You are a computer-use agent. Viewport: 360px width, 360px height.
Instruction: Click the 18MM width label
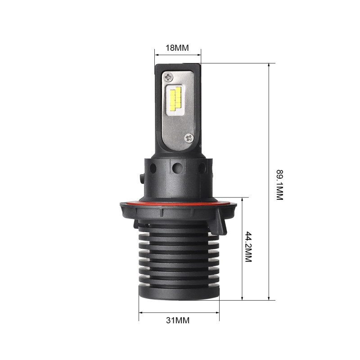click(x=177, y=48)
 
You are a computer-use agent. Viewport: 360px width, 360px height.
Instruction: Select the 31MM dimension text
click(x=178, y=320)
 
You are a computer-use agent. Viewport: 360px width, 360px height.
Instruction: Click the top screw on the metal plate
click(x=169, y=77)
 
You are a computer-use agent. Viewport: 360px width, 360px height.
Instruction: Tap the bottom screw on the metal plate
click(x=189, y=138)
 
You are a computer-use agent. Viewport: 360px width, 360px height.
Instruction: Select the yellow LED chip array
click(x=175, y=99)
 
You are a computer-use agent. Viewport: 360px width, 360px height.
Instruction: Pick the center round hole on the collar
click(x=178, y=168)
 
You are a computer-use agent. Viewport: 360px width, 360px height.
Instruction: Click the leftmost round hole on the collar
click(x=153, y=168)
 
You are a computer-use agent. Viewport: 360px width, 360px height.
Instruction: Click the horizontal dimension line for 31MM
click(x=179, y=311)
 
